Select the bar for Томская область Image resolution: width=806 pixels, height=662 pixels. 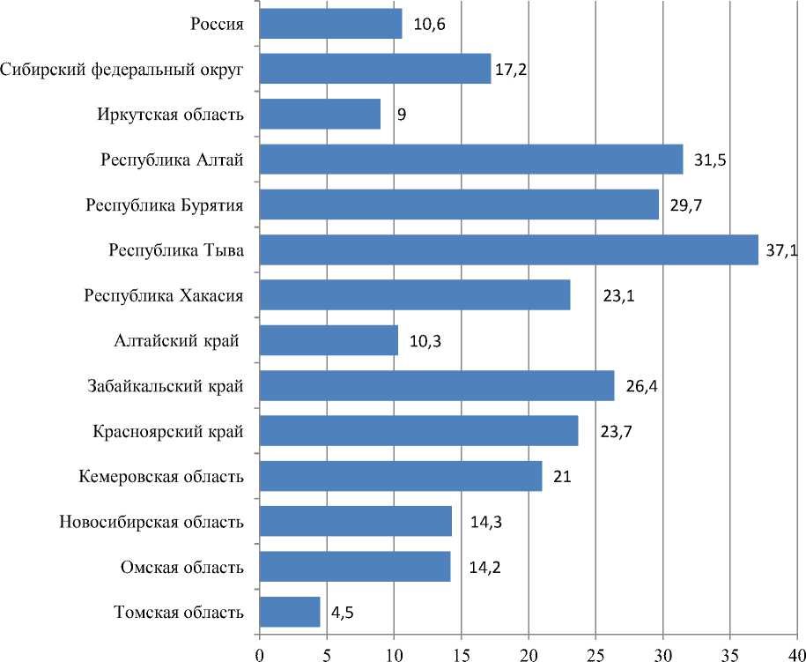pyautogui.click(x=290, y=612)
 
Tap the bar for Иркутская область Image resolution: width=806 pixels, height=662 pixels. pyautogui.click(x=320, y=114)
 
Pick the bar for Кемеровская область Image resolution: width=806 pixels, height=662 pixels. pyautogui.click(x=401, y=476)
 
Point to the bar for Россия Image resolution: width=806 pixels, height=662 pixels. pyautogui.click(x=330, y=24)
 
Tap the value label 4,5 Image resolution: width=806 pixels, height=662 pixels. pyautogui.click(x=343, y=613)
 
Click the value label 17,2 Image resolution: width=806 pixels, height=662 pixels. pyautogui.click(x=510, y=69)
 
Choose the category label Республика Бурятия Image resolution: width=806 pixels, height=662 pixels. pyautogui.click(x=165, y=205)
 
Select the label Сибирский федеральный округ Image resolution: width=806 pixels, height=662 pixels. pyautogui.click(x=122, y=69)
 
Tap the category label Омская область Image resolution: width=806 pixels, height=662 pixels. pyautogui.click(x=181, y=567)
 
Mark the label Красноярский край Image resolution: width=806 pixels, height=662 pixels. pyautogui.click(x=168, y=431)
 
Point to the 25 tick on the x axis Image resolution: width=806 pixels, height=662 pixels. pyautogui.click(x=596, y=653)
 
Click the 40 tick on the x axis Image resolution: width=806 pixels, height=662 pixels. pyautogui.click(x=796, y=653)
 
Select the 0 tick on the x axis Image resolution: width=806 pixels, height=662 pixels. pyautogui.click(x=259, y=653)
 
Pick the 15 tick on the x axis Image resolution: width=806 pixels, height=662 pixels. pyautogui.click(x=461, y=653)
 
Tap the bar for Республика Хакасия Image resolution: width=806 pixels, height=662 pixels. pyautogui.click(x=414, y=295)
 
